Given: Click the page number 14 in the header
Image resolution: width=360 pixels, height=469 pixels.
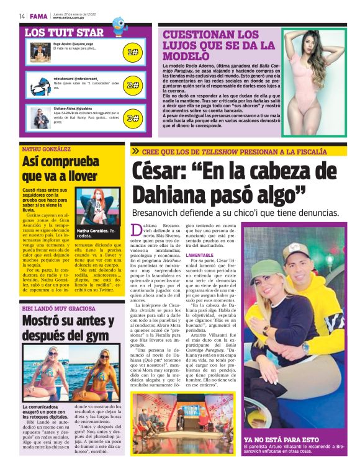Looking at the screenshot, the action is click(22, 16).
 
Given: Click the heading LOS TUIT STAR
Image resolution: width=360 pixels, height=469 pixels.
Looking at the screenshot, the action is click(64, 32).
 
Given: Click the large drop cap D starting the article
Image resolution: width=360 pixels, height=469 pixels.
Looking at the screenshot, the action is click(137, 231).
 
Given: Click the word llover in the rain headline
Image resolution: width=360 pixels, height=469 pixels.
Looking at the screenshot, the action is click(81, 176).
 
